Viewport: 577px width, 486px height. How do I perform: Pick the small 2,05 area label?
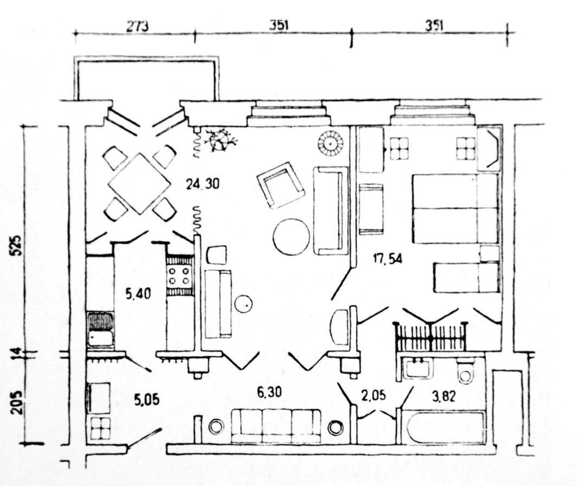375,397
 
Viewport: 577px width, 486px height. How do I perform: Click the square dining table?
139,183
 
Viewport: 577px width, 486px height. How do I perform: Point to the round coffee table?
291,236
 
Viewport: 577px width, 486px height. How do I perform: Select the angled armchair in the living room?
280,185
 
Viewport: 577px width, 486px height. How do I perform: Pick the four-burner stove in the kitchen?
179,276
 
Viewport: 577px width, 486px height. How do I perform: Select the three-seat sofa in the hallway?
275,426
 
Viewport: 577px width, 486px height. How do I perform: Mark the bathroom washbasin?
418,368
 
